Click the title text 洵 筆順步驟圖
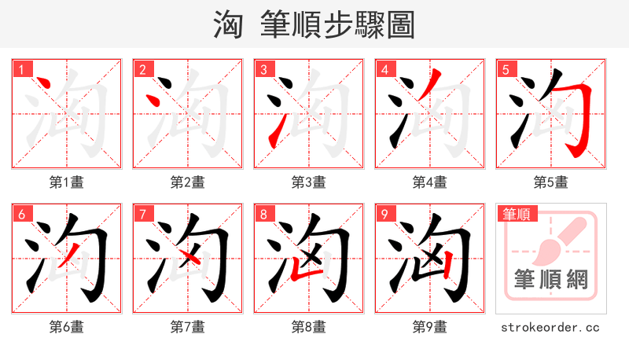point(314,25)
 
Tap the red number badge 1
point(21,70)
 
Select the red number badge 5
point(506,70)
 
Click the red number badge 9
point(384,214)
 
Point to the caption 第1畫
point(67,182)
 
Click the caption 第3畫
point(309,182)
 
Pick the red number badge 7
point(142,214)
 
